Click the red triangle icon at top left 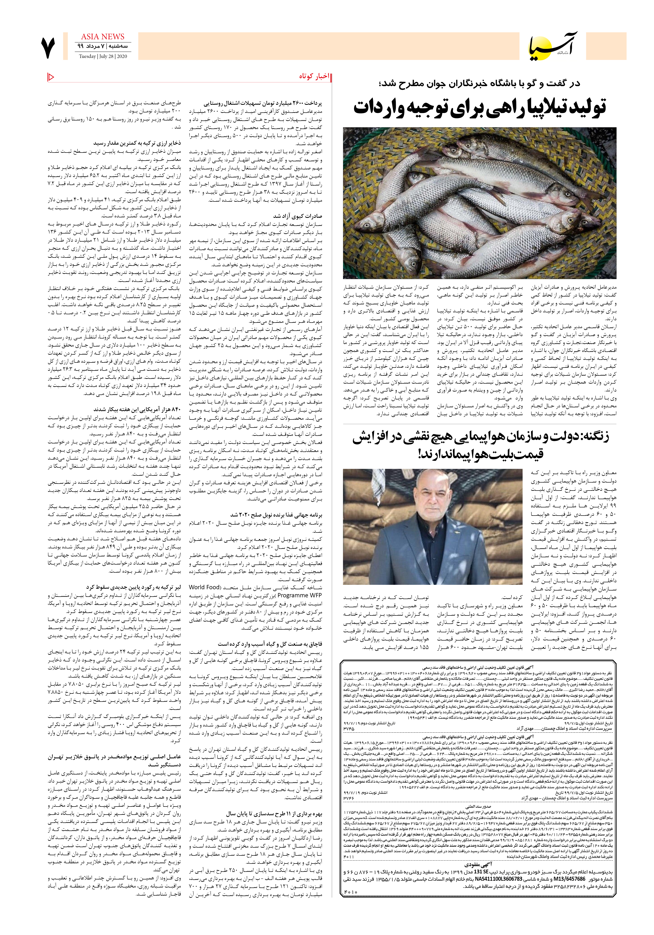(51, 77)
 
